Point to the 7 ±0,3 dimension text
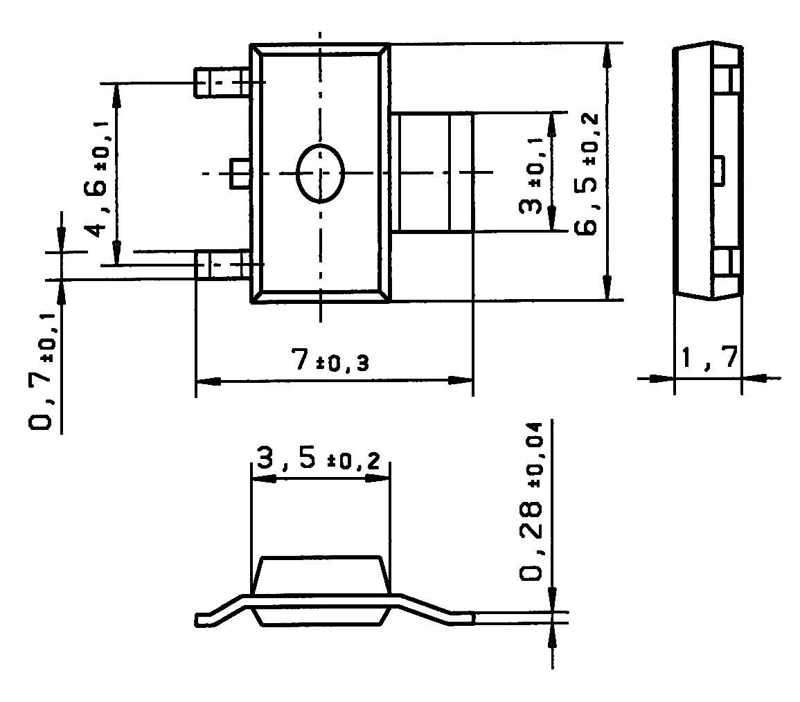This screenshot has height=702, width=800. (x=330, y=362)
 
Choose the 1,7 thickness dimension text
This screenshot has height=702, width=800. (x=708, y=359)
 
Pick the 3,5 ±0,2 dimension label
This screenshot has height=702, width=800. (x=319, y=460)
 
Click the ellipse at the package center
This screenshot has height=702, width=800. (x=320, y=174)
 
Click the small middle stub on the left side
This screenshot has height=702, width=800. (x=240, y=173)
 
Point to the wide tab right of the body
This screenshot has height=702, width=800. (x=432, y=172)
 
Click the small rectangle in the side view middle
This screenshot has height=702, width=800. (x=719, y=170)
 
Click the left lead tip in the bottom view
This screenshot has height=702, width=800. (x=203, y=619)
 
